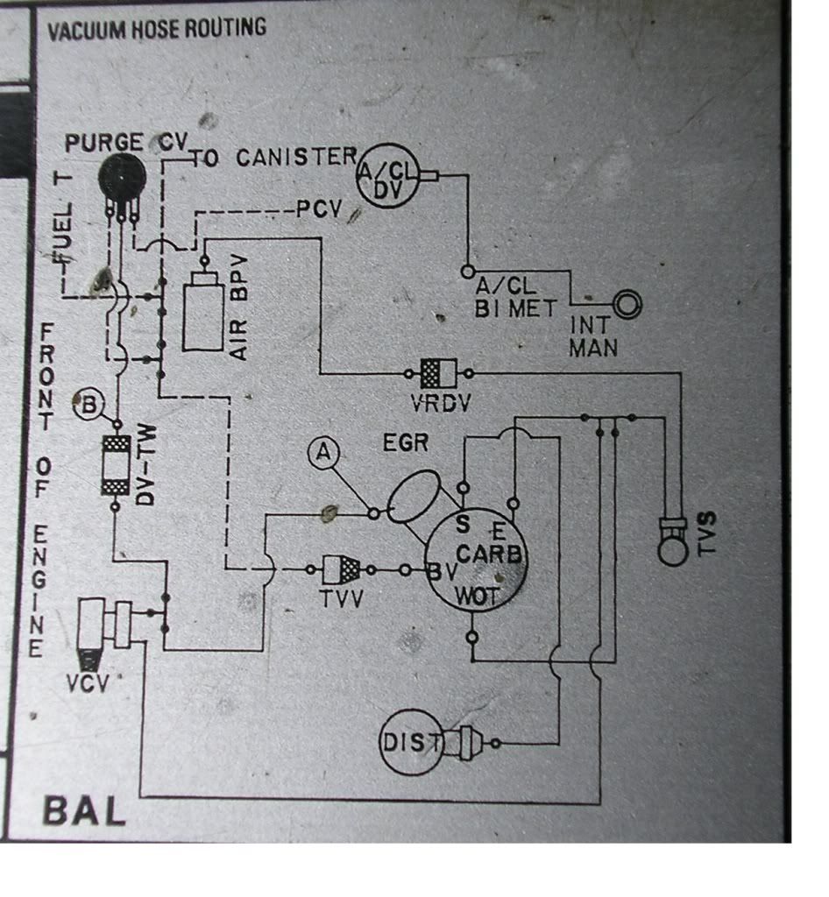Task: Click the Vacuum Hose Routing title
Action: click(x=157, y=29)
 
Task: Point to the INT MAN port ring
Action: click(x=627, y=305)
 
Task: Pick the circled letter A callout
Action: click(x=324, y=453)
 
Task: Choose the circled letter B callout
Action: click(x=89, y=406)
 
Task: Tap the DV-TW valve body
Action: click(x=116, y=464)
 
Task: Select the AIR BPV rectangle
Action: click(x=202, y=312)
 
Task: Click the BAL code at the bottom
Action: click(x=84, y=811)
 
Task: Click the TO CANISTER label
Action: click(x=273, y=158)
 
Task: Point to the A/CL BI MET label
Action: click(x=516, y=297)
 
